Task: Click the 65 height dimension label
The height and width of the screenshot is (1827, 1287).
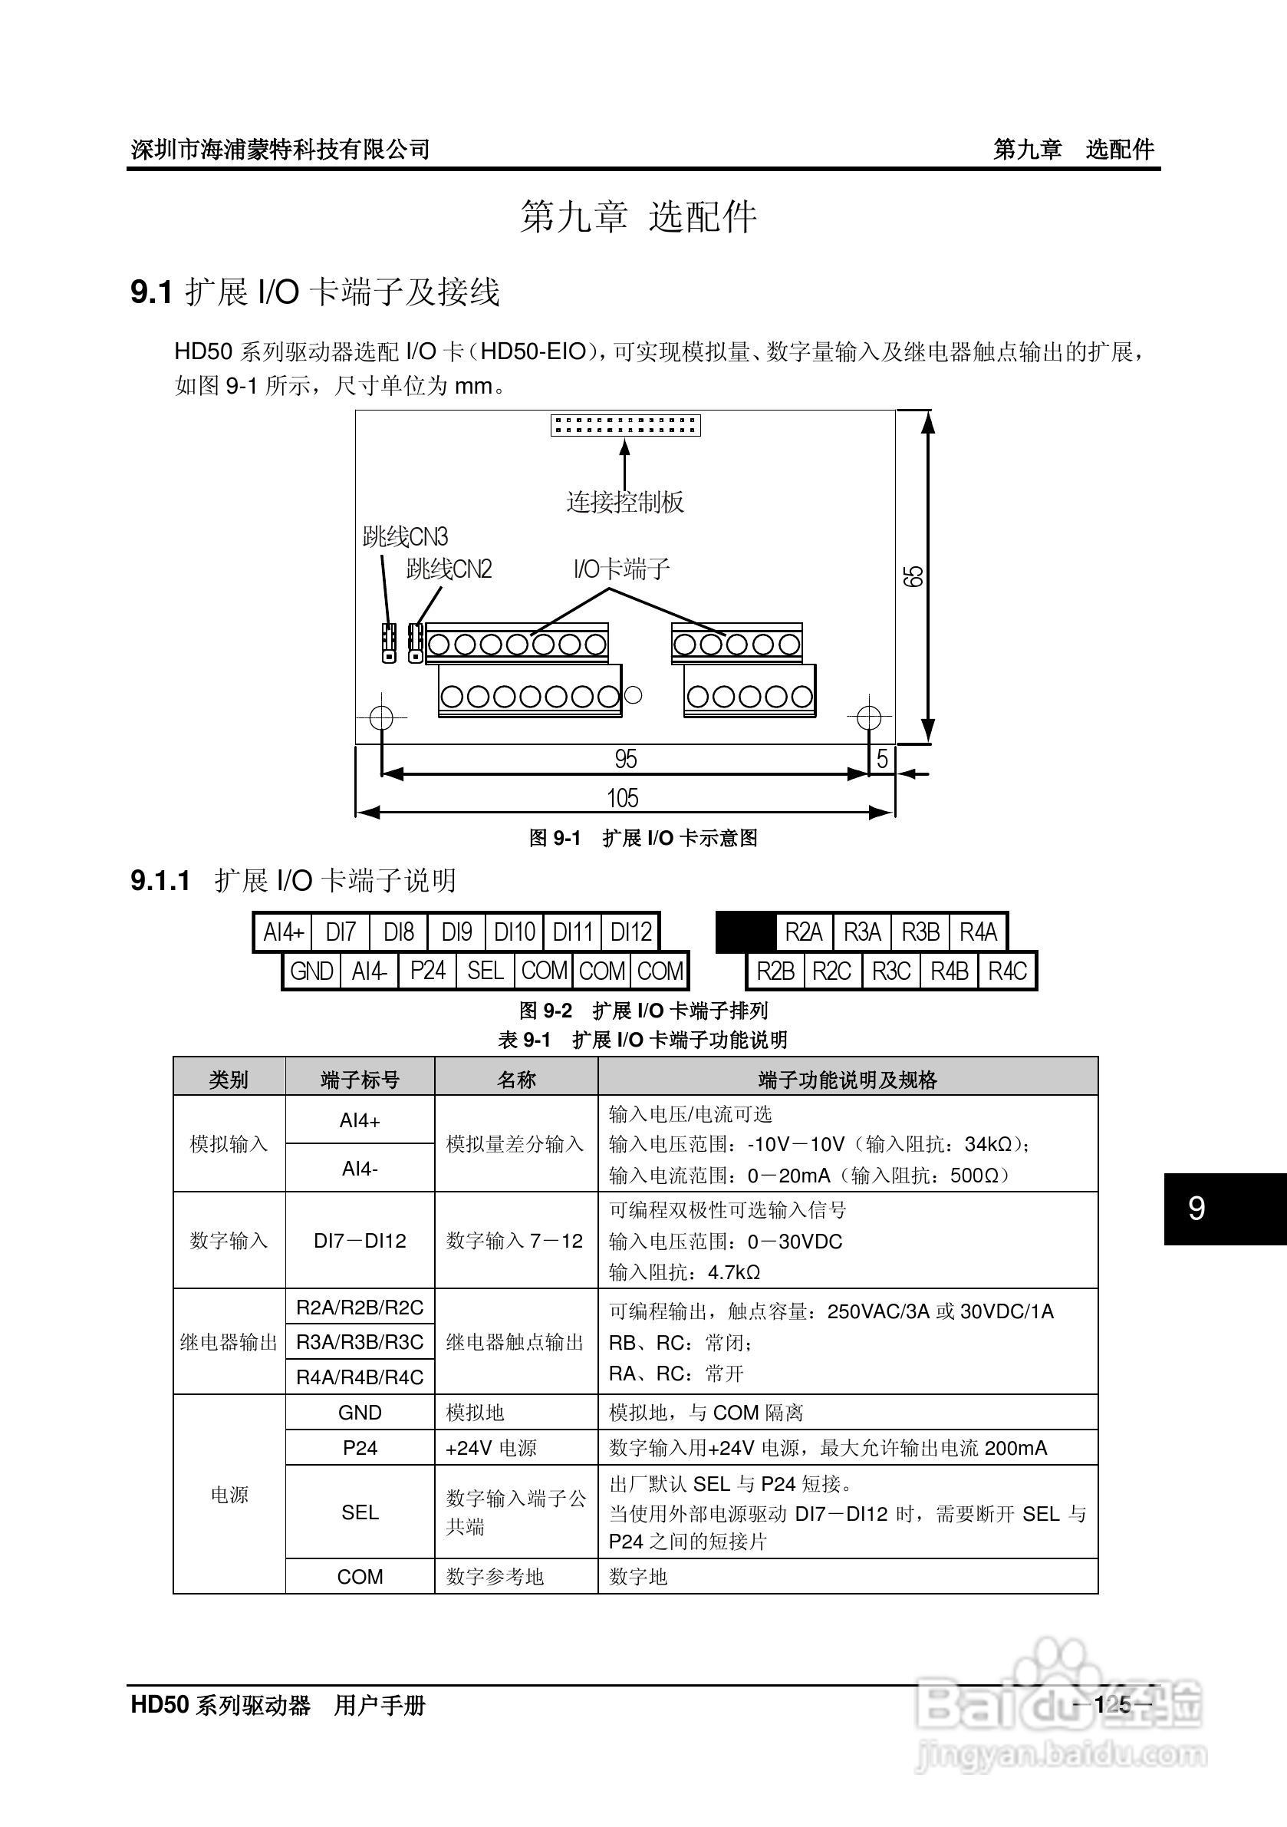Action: [914, 576]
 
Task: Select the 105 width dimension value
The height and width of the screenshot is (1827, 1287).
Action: [623, 797]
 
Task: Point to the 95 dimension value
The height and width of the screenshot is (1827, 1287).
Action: [626, 759]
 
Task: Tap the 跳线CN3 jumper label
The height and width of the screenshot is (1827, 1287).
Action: [405, 537]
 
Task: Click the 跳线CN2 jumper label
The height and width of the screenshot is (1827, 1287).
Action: [449, 569]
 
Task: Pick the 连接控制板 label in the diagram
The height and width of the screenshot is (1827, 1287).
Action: [625, 501]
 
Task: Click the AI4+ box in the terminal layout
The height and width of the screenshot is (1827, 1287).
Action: [284, 932]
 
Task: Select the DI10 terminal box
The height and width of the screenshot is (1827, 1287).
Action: [515, 932]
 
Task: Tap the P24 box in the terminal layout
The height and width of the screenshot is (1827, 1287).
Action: [428, 971]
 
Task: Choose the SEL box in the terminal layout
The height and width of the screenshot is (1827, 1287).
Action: [486, 971]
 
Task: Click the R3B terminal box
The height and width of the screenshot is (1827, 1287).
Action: [920, 932]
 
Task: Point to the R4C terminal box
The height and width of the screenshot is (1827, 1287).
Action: [1008, 971]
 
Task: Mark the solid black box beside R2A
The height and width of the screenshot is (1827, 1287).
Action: [746, 932]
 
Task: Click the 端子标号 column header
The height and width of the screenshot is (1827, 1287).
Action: [360, 1080]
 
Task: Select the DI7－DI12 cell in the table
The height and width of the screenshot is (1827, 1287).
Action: [360, 1241]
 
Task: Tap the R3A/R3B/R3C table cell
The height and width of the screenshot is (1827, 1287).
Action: [360, 1342]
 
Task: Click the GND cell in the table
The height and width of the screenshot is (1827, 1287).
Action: [360, 1413]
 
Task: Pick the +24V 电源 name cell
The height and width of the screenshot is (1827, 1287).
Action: [491, 1448]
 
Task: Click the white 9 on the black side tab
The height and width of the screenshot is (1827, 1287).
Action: [1196, 1209]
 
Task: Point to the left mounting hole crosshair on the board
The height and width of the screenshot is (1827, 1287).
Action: [382, 717]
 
